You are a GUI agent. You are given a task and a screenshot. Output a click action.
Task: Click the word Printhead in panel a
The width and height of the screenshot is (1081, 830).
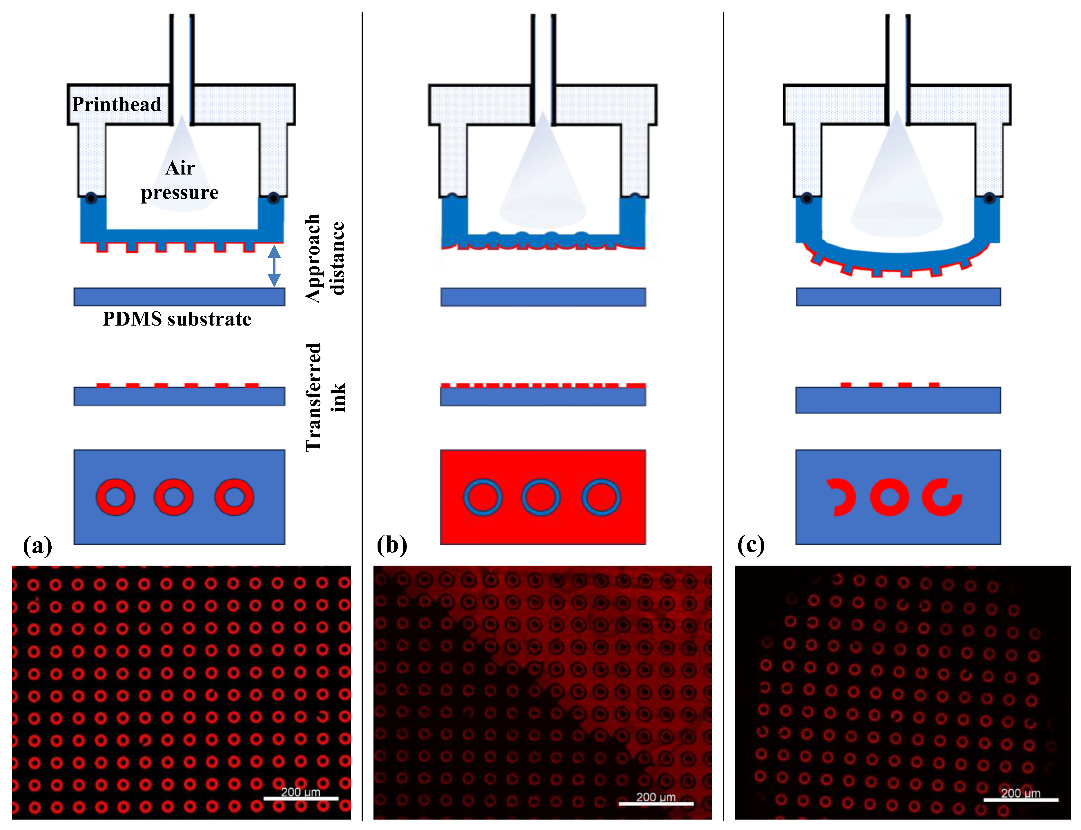pyautogui.click(x=117, y=104)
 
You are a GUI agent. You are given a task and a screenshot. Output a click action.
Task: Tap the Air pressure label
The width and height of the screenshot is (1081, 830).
pyautogui.click(x=180, y=180)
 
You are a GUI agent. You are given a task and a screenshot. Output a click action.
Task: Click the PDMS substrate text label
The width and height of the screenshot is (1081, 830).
pyautogui.click(x=177, y=319)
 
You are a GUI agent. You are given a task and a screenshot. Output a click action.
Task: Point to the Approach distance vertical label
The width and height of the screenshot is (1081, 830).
pyautogui.click(x=324, y=258)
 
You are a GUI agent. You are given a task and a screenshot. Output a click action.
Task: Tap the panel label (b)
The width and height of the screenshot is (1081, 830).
pyautogui.click(x=392, y=545)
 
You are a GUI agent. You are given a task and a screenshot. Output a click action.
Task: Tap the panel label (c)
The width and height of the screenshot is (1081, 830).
pyautogui.click(x=751, y=545)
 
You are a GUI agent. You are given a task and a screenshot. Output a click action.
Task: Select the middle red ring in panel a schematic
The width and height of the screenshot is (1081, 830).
pyautogui.click(x=174, y=497)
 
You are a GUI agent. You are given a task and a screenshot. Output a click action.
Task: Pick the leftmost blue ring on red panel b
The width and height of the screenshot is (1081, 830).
pyautogui.click(x=483, y=497)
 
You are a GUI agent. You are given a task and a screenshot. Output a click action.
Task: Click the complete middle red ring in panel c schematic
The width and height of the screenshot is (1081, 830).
pyautogui.click(x=889, y=497)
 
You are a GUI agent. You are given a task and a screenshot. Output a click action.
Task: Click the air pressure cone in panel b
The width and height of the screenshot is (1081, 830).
pyautogui.click(x=543, y=173)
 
